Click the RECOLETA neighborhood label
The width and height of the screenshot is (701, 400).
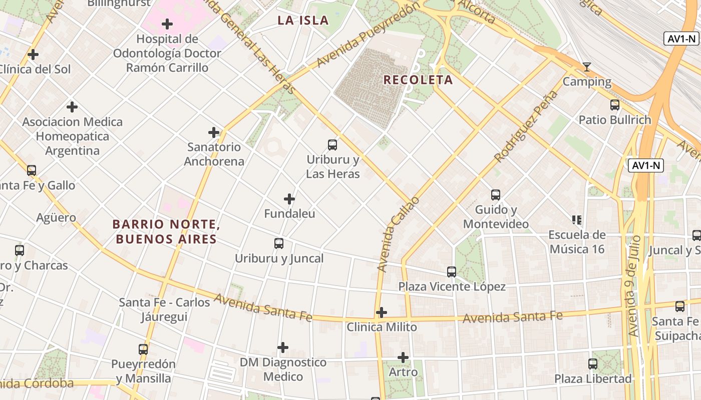tap(418, 80)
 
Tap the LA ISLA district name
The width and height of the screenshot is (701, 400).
tap(303, 20)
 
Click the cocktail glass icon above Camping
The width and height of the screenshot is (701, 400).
tap(587, 67)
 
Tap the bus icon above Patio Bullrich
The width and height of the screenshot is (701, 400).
tap(615, 105)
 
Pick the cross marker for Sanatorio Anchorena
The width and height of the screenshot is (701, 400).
tap(214, 132)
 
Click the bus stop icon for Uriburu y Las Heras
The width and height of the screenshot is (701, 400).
tap(332, 145)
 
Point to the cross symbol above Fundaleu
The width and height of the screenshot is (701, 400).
tap(289, 199)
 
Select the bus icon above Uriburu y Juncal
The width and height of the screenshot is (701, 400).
tap(279, 243)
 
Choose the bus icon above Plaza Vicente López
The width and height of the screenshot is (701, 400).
tap(452, 272)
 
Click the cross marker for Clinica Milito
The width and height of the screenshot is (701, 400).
tap(382, 312)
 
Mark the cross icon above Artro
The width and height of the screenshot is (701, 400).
tap(403, 357)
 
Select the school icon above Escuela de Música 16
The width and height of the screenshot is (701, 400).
tap(576, 219)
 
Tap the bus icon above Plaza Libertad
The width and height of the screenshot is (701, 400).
tap(593, 364)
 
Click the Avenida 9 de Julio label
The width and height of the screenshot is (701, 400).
tap(634, 285)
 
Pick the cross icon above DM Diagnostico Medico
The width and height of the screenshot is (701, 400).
tap(283, 347)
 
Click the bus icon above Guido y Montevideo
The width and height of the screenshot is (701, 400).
tap(496, 195)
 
